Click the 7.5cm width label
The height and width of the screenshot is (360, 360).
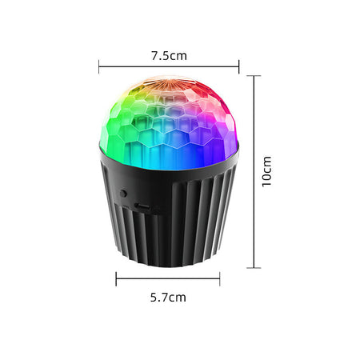click(x=169, y=56)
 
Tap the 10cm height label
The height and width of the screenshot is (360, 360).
click(x=266, y=172)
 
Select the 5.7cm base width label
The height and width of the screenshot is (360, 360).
click(x=168, y=298)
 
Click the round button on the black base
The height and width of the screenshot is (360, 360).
click(x=123, y=194)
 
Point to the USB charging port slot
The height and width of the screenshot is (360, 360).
click(x=142, y=206)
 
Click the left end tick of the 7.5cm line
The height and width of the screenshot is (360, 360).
click(x=99, y=66)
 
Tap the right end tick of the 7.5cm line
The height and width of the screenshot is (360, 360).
click(x=239, y=66)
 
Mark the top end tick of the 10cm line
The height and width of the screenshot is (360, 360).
click(x=254, y=76)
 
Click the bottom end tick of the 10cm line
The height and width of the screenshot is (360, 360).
click(x=254, y=267)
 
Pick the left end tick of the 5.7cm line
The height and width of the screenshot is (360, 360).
click(x=116, y=279)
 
